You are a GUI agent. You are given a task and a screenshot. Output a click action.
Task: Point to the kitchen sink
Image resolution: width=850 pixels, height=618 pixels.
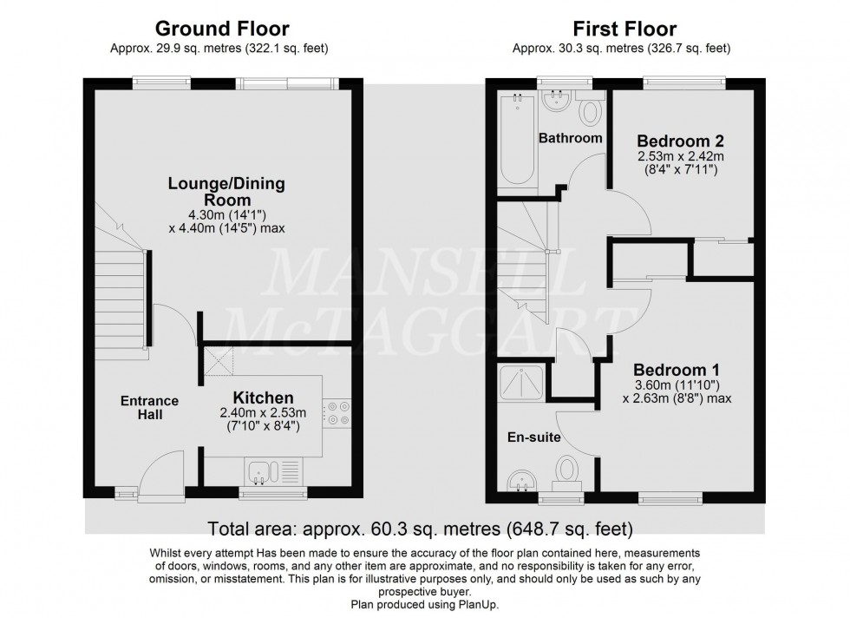click(x=262, y=472)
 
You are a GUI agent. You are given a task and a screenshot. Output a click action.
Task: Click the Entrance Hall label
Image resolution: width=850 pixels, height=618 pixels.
click(x=149, y=408)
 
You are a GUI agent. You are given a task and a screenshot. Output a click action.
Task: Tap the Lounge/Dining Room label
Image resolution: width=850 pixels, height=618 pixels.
click(x=226, y=193)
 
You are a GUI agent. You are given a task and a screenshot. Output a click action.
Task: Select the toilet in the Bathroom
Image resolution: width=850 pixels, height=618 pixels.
click(x=592, y=113)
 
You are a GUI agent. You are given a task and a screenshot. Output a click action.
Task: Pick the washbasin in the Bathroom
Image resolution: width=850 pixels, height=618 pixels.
click(x=553, y=102)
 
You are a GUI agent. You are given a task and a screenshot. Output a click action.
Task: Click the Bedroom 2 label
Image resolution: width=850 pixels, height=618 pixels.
click(x=680, y=141)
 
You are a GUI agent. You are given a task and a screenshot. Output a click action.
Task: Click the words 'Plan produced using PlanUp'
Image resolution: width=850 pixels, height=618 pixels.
click(x=424, y=604)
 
